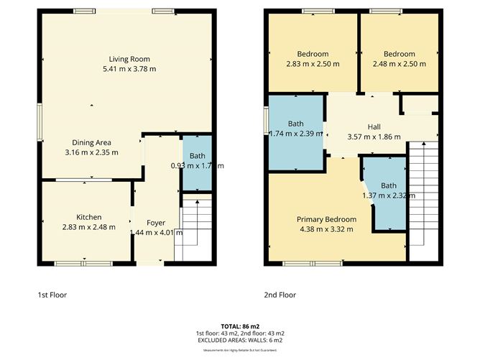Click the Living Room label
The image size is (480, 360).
[x=129, y=59]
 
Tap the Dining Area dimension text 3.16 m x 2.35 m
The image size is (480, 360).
[x=91, y=152]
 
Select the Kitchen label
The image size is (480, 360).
[x=89, y=217]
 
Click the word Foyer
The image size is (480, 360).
[x=156, y=223]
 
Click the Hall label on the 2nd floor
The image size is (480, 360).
[x=374, y=126]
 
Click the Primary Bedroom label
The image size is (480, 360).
[x=327, y=219]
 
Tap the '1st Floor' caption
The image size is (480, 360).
[x=55, y=295]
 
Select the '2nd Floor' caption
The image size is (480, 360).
[x=280, y=295]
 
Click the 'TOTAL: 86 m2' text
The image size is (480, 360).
[x=239, y=326]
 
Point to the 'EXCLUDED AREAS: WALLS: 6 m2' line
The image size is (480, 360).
[x=239, y=341]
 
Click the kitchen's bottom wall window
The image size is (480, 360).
[x=74, y=264]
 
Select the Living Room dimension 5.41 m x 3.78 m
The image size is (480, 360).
[x=129, y=69]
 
